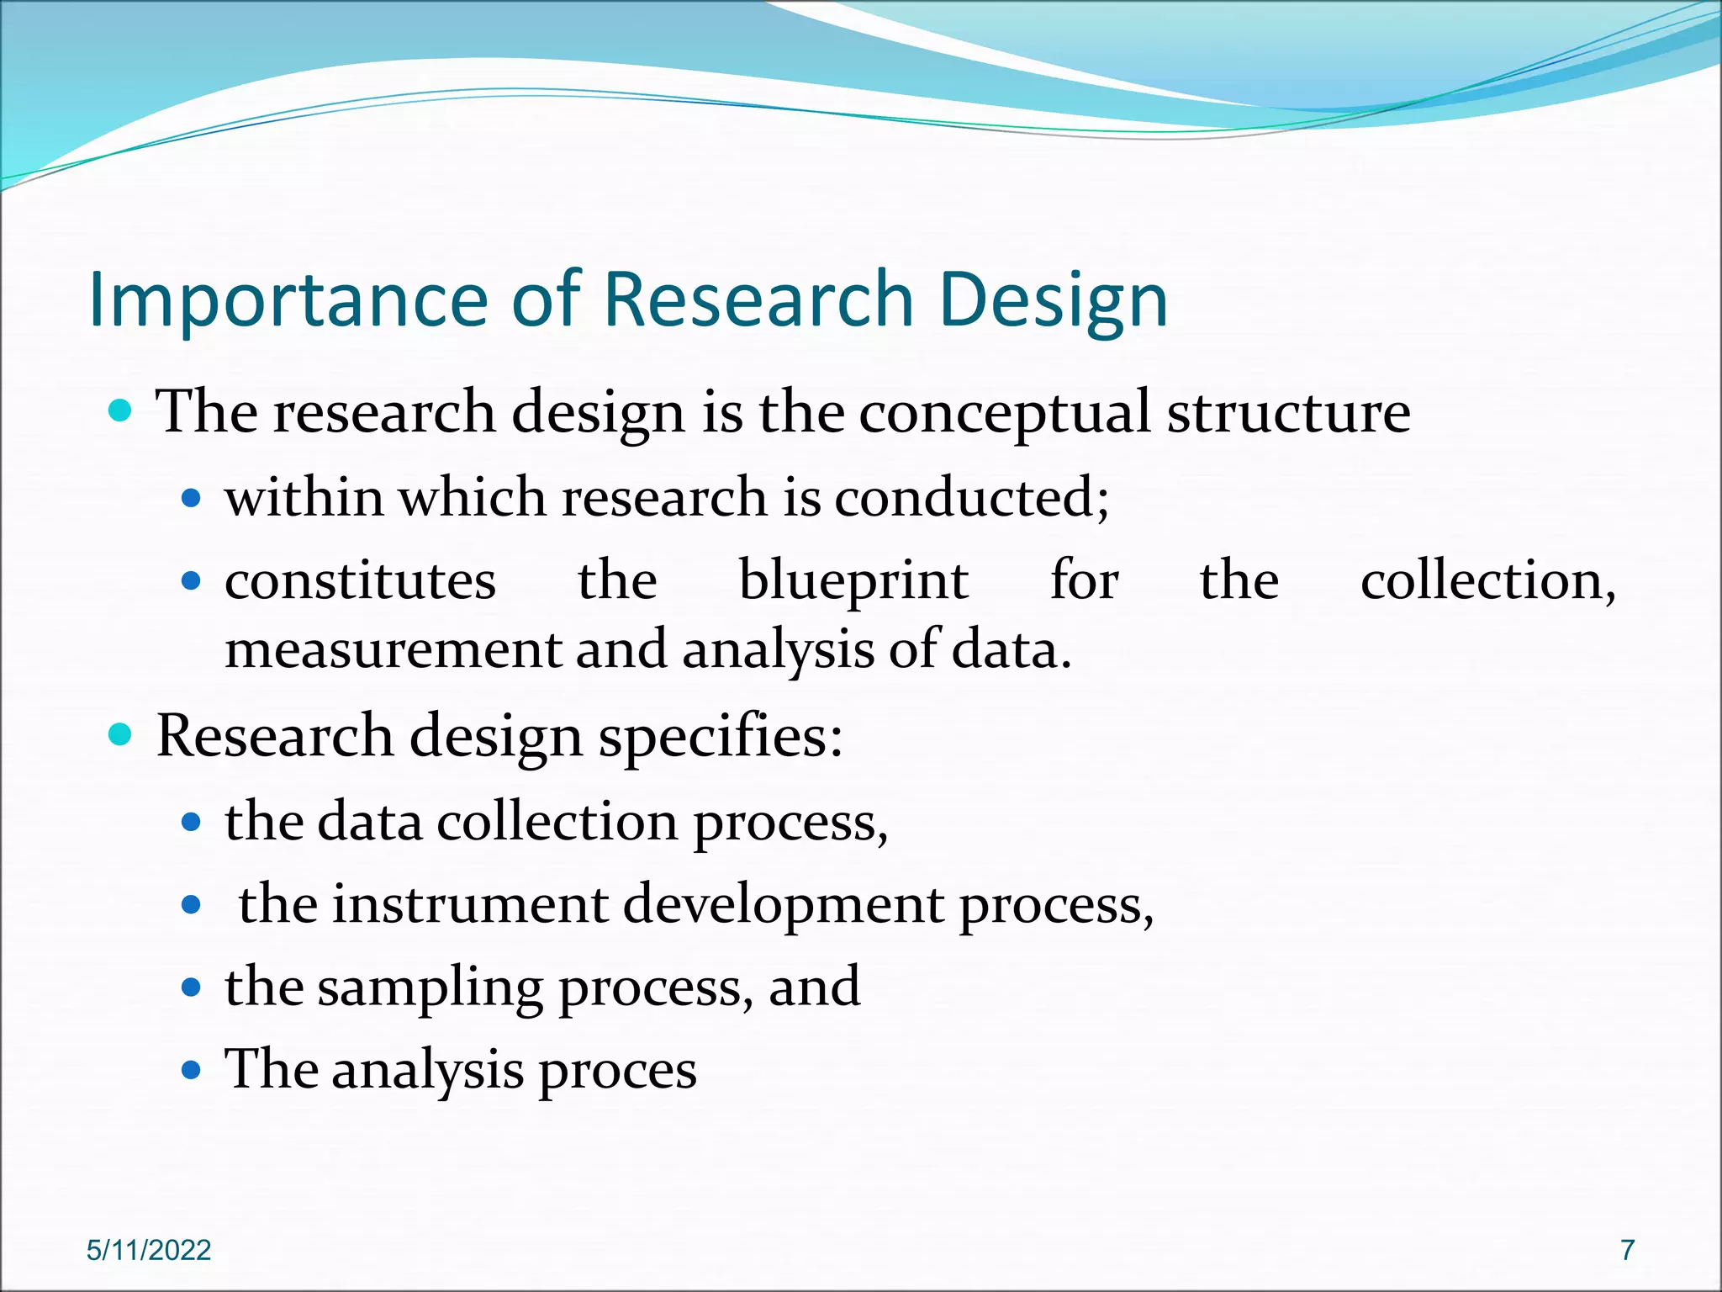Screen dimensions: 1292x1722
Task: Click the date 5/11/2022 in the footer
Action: point(149,1250)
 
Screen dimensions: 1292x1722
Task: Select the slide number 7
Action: point(1628,1250)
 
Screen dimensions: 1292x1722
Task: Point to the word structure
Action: point(1288,414)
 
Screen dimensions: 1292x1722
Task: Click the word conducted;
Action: point(972,498)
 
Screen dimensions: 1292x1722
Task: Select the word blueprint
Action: point(853,582)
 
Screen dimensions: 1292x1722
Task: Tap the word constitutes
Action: point(360,582)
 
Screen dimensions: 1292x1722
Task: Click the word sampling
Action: point(430,989)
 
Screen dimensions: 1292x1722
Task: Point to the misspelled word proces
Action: point(617,1072)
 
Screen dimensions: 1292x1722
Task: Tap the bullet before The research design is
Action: point(121,410)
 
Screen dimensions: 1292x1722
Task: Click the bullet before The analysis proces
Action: point(192,1071)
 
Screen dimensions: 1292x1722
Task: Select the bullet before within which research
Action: point(192,499)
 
